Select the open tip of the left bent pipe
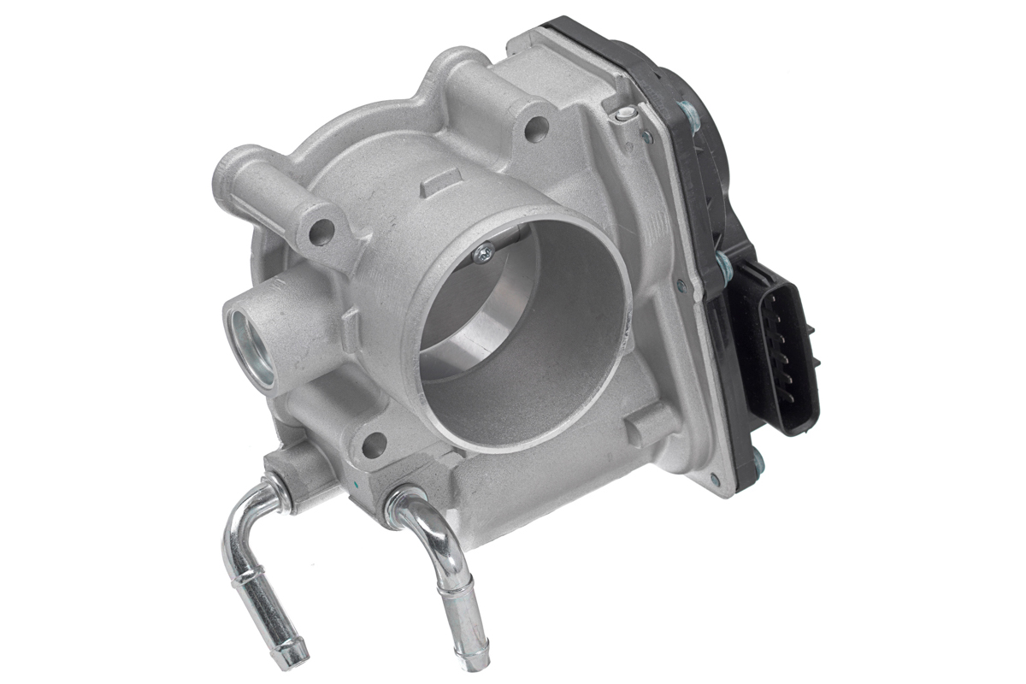[x=293, y=654]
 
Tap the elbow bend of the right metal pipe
[x=425, y=514]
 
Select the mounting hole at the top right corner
[x=536, y=129]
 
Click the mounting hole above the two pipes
[x=374, y=445]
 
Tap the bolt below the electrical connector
[x=756, y=462]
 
